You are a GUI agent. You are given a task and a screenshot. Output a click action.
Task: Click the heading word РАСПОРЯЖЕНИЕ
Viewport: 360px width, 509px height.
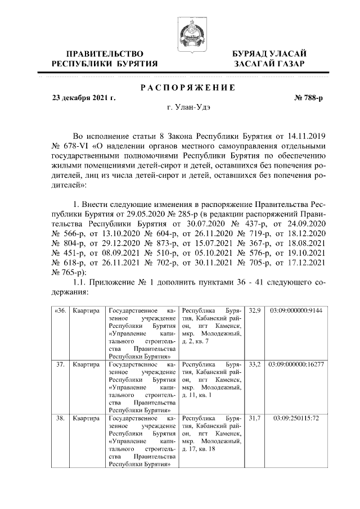[186, 87]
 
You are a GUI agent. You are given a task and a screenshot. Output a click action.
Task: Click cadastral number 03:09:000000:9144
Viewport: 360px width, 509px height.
[296, 310]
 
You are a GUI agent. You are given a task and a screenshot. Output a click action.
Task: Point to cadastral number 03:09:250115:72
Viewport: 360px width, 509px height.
[296, 419]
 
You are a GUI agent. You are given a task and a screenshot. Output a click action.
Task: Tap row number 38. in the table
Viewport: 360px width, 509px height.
[60, 419]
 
